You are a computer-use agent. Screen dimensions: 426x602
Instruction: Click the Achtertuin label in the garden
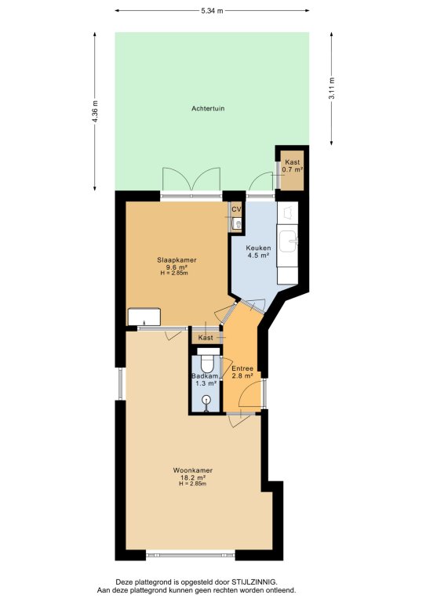[208, 109]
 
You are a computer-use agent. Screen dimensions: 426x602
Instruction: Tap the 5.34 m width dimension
[212, 11]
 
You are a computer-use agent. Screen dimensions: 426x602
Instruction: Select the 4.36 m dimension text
[95, 111]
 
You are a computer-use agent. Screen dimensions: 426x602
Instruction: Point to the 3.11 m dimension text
[332, 89]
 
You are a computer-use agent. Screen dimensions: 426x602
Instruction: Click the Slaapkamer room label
[177, 260]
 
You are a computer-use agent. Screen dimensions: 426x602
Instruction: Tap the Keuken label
[259, 248]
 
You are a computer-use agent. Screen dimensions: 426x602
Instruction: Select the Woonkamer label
[193, 470]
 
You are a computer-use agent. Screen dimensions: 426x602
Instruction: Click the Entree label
[242, 369]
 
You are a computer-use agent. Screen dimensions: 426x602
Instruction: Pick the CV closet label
[236, 209]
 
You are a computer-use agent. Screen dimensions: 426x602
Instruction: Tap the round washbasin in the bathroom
[207, 400]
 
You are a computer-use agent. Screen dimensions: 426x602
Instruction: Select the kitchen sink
[288, 241]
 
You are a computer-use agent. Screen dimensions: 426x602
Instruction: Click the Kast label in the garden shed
[293, 162]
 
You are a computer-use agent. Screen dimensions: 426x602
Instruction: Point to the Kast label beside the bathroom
[206, 338]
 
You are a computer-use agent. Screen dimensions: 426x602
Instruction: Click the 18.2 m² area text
[193, 477]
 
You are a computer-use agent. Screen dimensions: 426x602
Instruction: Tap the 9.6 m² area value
[177, 267]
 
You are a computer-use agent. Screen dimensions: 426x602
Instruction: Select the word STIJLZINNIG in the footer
[254, 582]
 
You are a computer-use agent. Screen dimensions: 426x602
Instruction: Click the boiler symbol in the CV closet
[238, 224]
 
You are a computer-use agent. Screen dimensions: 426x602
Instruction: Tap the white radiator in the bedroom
[144, 317]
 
